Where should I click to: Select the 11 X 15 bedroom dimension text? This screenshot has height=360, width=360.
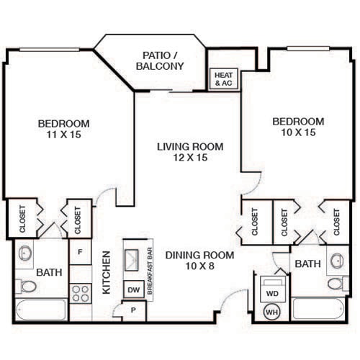pos(64,135)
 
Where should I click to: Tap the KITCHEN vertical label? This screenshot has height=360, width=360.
pos(106,272)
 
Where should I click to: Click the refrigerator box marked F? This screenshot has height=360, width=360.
pos(80,252)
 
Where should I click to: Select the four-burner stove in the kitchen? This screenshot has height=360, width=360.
pos(80,294)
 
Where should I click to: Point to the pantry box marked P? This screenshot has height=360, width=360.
pos(134,311)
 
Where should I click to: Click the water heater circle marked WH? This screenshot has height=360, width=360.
pos(272,312)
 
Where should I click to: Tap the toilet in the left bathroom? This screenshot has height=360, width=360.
pos(26,287)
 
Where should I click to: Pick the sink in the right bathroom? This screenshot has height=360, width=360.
pos(336,260)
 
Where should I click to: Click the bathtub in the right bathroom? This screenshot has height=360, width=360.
pos(320,310)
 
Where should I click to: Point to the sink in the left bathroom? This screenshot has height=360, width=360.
pos(26,253)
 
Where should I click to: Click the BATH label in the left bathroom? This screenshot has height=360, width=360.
pos(48,274)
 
